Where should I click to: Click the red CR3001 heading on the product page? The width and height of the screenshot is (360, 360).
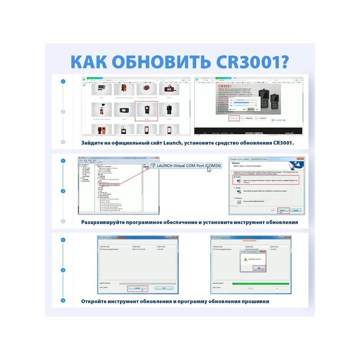click(225, 86)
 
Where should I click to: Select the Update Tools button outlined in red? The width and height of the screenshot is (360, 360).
click(234, 118)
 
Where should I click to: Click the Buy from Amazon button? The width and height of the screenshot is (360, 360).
click(260, 118)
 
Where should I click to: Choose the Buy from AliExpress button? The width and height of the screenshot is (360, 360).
click(246, 118)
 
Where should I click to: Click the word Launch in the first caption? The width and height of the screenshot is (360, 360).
click(172, 143)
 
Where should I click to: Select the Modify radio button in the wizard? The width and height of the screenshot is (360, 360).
click(234, 177)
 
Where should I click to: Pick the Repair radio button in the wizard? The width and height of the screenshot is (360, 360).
click(234, 188)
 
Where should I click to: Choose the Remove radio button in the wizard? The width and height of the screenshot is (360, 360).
click(234, 198)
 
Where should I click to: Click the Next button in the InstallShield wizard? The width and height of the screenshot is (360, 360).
click(283, 210)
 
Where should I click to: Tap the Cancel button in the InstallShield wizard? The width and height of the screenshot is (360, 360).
click(295, 210)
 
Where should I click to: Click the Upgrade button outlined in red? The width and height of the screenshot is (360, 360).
click(137, 288)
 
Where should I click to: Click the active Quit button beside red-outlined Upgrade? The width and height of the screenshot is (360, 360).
click(164, 288)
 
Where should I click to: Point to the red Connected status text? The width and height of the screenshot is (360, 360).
click(249, 241)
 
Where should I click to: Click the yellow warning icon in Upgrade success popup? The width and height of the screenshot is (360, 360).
click(245, 259)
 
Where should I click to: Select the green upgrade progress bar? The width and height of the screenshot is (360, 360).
click(260, 283)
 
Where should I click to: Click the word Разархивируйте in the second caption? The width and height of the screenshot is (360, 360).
click(103, 222)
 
